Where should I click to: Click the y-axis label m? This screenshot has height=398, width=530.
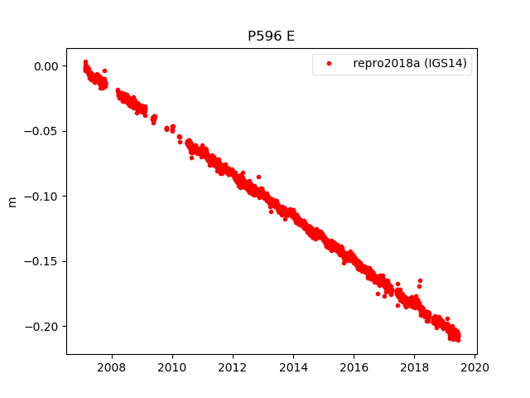pos(12,201)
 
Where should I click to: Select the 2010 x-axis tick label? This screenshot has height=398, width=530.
pos(172,366)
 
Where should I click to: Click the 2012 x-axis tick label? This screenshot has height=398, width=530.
pos(233,366)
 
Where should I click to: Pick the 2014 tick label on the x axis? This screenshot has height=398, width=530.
pos(293,366)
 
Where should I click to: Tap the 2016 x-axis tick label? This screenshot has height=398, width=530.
pos(354,366)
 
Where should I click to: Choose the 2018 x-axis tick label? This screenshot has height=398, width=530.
pos(414,366)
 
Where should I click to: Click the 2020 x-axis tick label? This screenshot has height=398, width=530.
pos(475,366)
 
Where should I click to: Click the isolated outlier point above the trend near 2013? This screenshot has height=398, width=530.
pos(258,177)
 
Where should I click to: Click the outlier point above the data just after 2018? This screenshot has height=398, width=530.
pos(420,281)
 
